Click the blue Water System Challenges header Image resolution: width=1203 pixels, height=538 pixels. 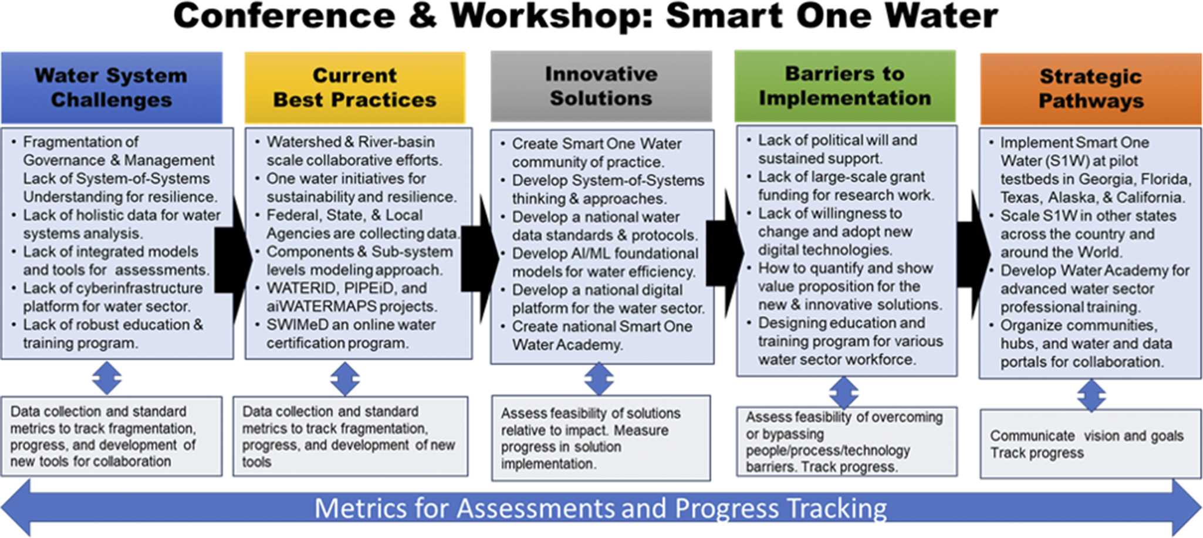click(111, 87)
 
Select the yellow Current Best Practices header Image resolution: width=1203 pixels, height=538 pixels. click(355, 87)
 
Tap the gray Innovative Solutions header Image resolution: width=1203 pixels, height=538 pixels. click(601, 86)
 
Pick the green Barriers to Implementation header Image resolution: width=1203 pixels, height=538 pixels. click(845, 86)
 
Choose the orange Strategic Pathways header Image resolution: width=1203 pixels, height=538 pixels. click(1091, 89)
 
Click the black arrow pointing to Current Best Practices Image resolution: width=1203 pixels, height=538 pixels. click(234, 260)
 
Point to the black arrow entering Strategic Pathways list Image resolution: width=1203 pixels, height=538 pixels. click(974, 255)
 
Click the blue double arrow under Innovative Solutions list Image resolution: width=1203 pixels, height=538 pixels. click(599, 378)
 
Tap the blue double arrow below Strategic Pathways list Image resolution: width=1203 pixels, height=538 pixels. click(1092, 395)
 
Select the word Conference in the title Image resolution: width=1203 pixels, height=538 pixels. click(285, 16)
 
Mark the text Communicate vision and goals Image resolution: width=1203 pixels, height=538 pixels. click(1087, 436)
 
